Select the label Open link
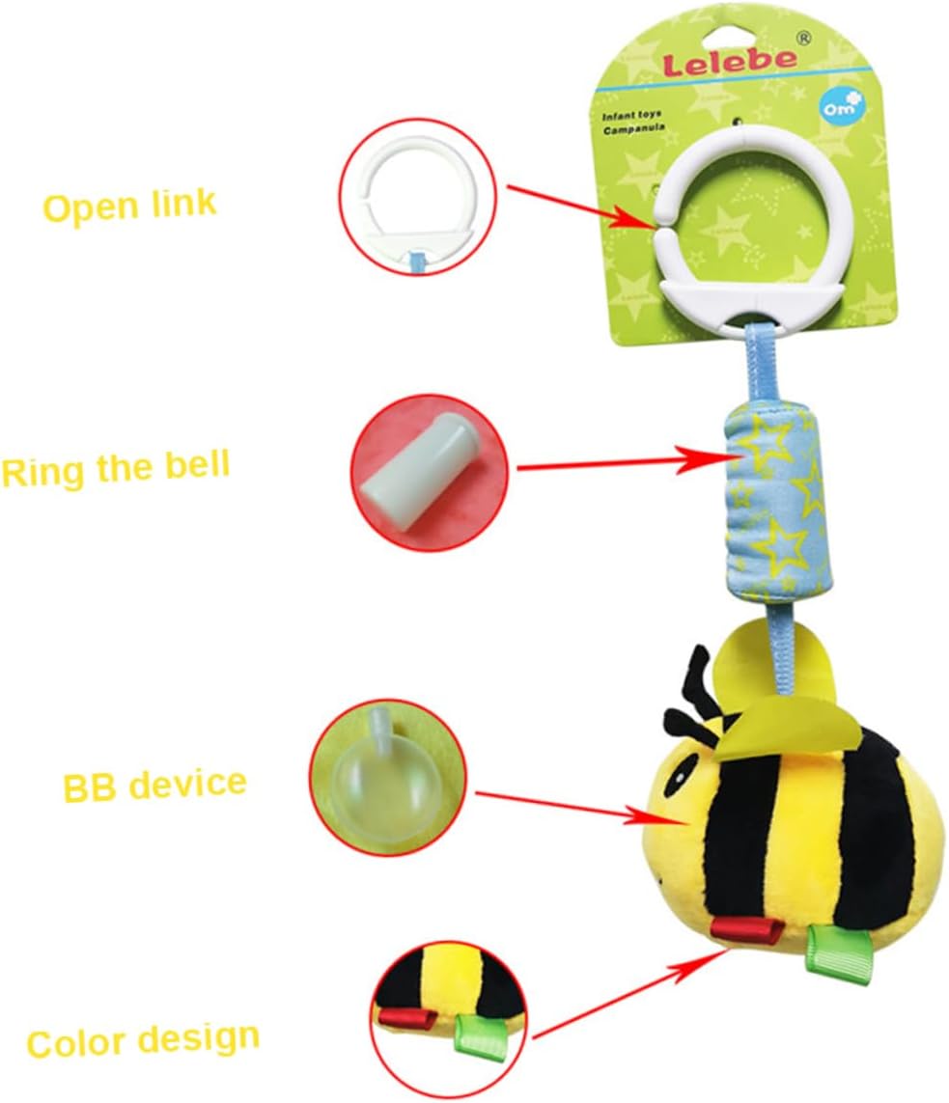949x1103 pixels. [x=129, y=206]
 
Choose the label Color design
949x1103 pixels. [x=143, y=1040]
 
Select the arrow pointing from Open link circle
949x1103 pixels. [x=578, y=205]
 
